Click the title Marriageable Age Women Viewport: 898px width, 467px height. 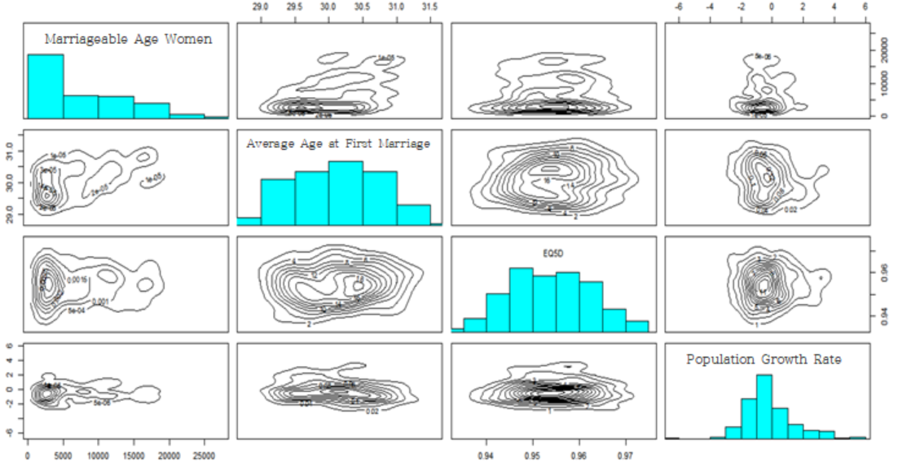tap(129, 38)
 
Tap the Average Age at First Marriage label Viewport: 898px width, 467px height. tap(338, 144)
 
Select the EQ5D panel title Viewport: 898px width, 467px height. tap(553, 253)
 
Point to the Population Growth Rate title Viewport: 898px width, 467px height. tap(764, 359)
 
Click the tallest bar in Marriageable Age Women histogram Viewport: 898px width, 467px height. tap(46, 86)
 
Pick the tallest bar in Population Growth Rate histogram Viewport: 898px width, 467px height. tap(764, 406)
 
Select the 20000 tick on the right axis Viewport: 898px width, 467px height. tap(882, 51)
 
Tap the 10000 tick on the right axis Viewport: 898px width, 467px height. tap(882, 83)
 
